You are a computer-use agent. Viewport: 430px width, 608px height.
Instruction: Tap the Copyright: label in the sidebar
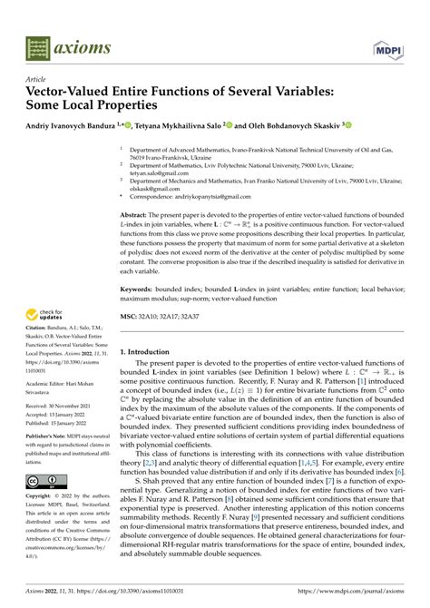coord(42,525)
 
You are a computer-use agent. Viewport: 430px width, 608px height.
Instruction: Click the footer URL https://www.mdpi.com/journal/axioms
coord(343,593)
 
